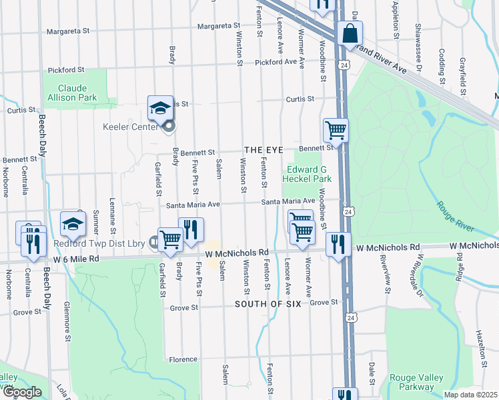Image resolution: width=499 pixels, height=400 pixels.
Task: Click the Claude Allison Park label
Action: point(77,93)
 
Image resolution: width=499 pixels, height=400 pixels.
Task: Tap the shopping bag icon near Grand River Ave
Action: point(350,33)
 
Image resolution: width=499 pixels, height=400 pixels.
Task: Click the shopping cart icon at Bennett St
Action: point(336,131)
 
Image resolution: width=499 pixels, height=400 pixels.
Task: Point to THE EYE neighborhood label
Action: point(263,151)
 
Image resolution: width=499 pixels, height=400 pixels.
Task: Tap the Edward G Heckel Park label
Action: point(307,174)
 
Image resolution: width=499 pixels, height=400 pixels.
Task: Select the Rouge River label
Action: point(457,217)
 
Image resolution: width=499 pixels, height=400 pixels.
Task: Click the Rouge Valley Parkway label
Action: point(416,382)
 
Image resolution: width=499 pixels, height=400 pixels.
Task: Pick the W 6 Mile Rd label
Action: point(76,259)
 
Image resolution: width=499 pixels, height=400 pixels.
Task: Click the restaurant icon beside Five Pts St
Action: point(191,229)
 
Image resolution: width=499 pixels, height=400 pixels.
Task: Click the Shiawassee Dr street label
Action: point(418,46)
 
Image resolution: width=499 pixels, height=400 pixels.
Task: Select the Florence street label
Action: point(182,359)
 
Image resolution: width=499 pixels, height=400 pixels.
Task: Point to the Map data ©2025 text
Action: point(470,395)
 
